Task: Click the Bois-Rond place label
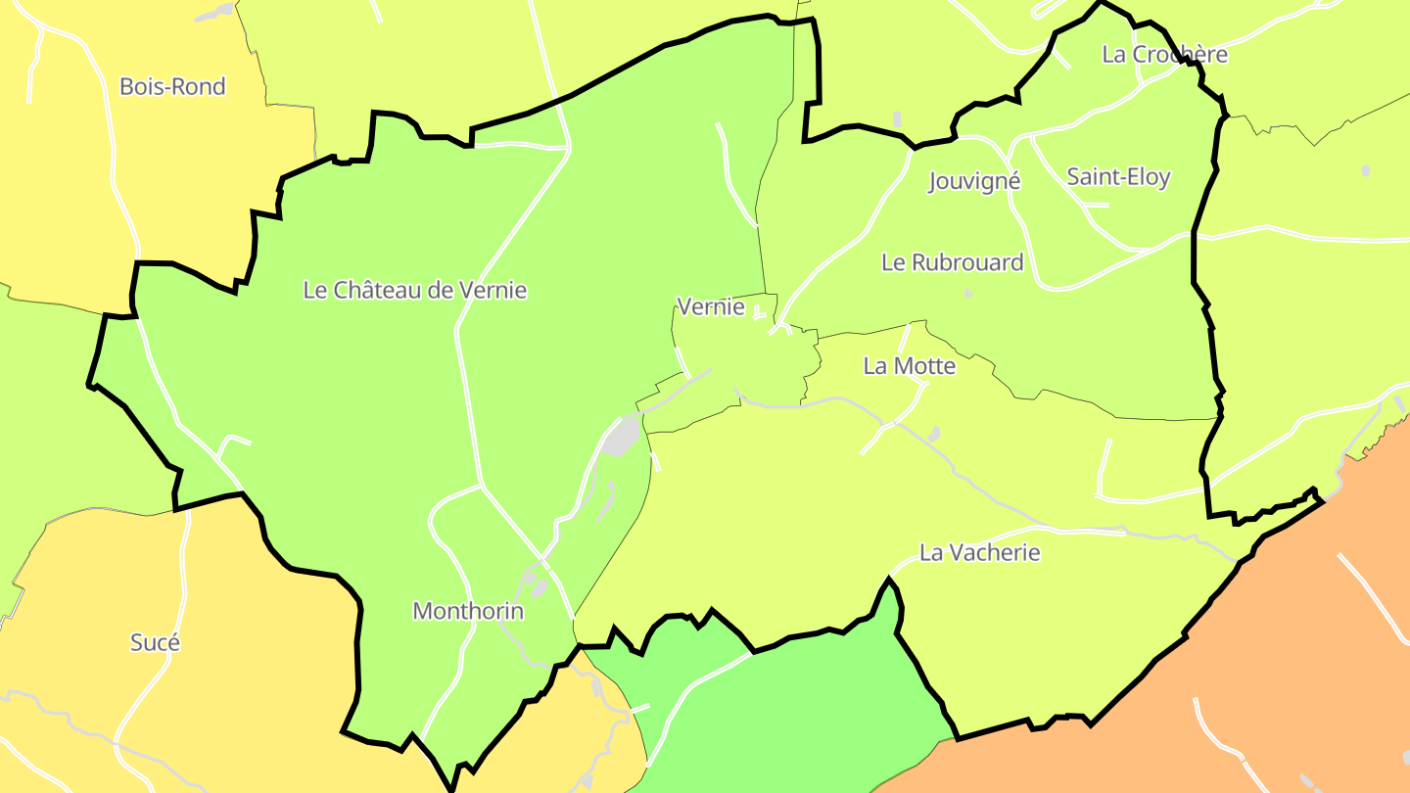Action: (172, 86)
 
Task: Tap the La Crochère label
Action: (1164, 54)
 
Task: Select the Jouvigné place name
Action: (974, 181)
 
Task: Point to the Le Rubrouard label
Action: (952, 262)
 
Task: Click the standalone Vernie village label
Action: (711, 307)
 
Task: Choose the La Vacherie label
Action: (979, 552)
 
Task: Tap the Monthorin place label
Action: (468, 612)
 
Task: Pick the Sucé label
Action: (156, 643)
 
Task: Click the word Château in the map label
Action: (377, 290)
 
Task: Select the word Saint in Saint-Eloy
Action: (1090, 177)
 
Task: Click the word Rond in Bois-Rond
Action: (201, 86)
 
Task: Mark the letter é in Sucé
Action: (173, 643)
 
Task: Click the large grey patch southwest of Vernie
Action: (622, 437)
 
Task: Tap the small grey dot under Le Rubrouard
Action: (968, 293)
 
